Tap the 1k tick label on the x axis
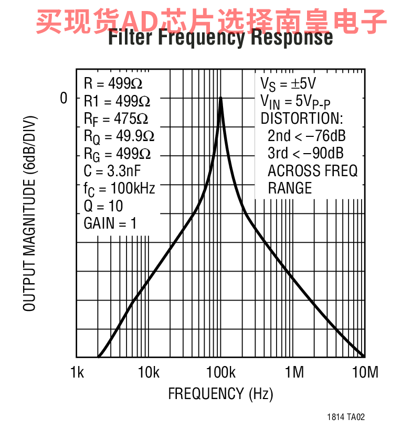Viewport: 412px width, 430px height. [77, 373]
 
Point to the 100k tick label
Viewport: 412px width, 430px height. [220, 373]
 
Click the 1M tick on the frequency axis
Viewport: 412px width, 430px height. [294, 373]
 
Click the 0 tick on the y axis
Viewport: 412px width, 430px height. [64, 98]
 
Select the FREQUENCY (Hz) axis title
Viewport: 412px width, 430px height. [220, 394]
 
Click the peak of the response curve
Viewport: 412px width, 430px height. [221, 98]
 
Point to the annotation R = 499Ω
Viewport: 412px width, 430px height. [113, 83]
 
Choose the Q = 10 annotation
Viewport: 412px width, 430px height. [103, 206]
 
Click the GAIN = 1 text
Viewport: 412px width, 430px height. [110, 223]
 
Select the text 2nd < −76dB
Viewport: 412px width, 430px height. [307, 136]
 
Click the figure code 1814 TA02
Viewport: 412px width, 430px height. [345, 417]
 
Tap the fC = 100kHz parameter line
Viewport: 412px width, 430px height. [119, 188]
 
